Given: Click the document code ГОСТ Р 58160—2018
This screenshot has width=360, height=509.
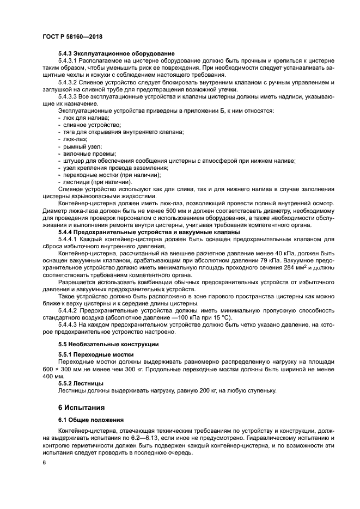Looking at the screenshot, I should click(72, 36).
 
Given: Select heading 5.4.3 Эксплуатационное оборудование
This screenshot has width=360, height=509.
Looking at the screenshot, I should click(116, 53).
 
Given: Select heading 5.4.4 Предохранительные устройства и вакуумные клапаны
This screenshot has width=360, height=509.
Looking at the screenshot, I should click(149, 232).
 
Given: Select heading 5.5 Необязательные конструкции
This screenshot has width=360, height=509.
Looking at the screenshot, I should click(108, 345).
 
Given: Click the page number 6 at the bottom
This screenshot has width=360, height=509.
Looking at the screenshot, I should click(45, 462).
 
